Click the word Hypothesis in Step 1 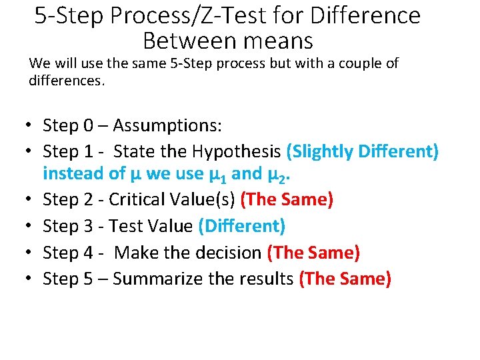tap(237, 152)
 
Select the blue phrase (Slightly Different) tap(362, 152)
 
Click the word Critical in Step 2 tap(137, 199)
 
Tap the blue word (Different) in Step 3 tap(242, 226)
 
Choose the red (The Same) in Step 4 tap(313, 253)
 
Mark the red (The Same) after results tap(345, 279)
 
